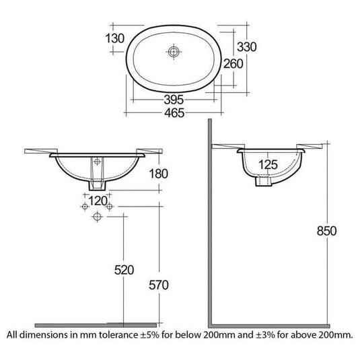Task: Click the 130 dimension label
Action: (115, 38)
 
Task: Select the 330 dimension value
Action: (246, 47)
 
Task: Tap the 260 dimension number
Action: (233, 64)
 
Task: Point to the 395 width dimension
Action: (174, 100)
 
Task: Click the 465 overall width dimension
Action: (174, 113)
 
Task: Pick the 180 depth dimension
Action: (158, 174)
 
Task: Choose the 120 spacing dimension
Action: (98, 201)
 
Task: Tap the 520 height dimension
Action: (124, 270)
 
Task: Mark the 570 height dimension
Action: (158, 285)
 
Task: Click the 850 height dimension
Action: (326, 231)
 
